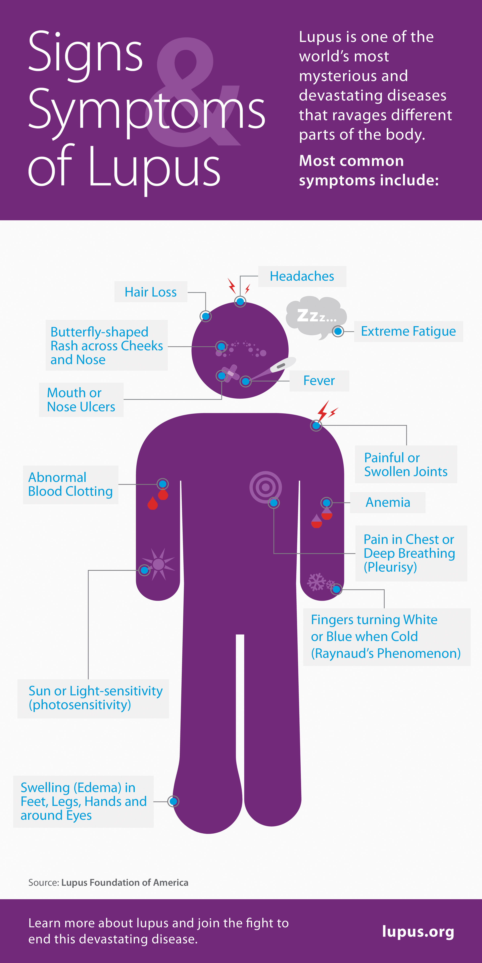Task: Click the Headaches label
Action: pyautogui.click(x=302, y=276)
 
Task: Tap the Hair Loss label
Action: pyautogui.click(x=151, y=292)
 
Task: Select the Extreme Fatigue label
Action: pyautogui.click(x=408, y=331)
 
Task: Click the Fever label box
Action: pyautogui.click(x=319, y=381)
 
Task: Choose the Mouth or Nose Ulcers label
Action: pyautogui.click(x=81, y=400)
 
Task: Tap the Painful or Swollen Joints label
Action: pyautogui.click(x=406, y=464)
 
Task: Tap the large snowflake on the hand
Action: pyautogui.click(x=317, y=582)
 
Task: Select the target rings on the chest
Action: pyautogui.click(x=266, y=487)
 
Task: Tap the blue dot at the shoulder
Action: pyautogui.click(x=316, y=425)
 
